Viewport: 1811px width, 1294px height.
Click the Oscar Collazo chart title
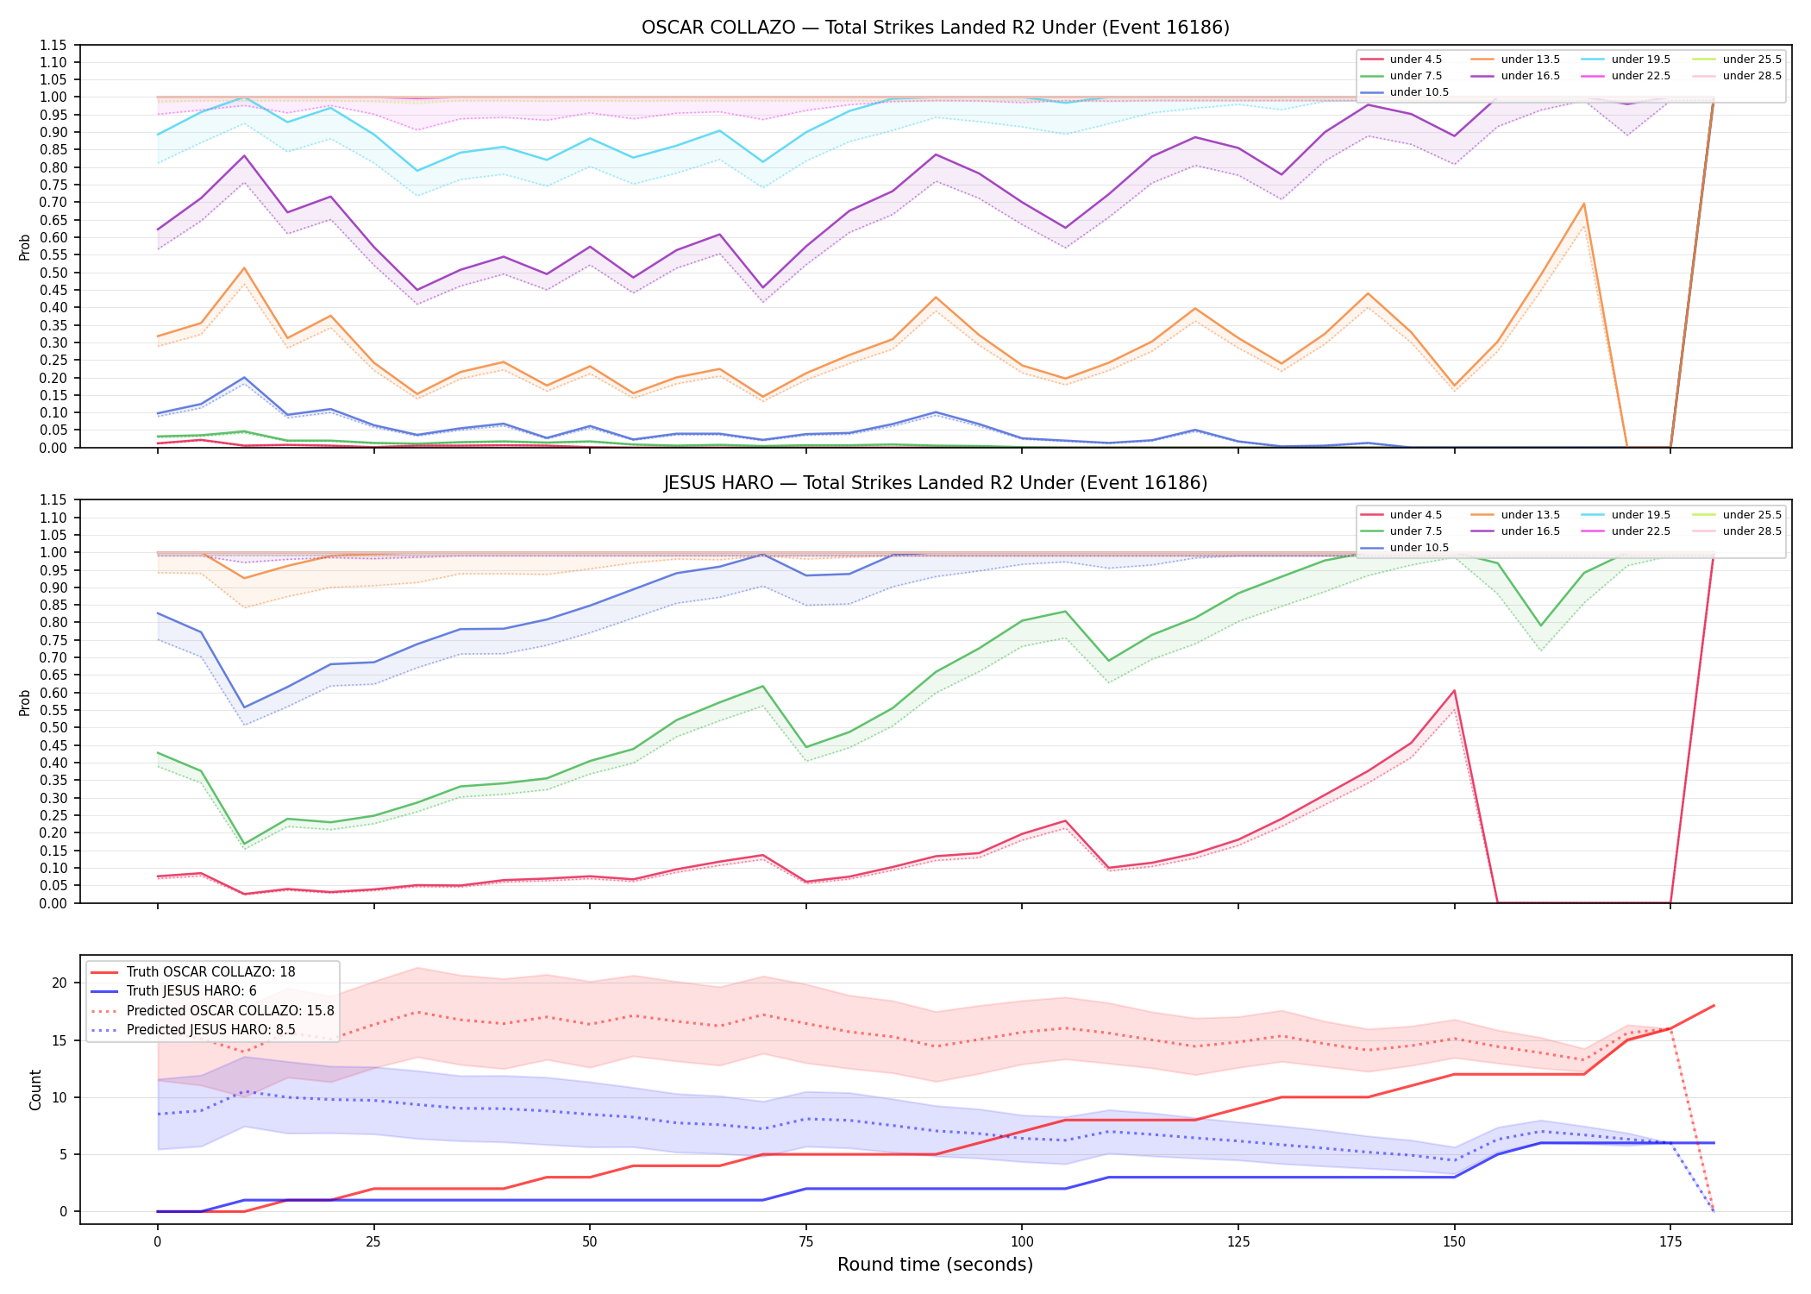pyautogui.click(x=936, y=28)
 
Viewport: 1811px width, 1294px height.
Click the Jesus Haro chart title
pyautogui.click(x=936, y=483)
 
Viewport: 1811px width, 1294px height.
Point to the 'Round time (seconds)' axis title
pyautogui.click(x=935, y=1265)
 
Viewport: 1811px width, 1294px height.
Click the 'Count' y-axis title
pyautogui.click(x=35, y=1090)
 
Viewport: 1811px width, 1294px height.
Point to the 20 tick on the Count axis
pyautogui.click(x=60, y=983)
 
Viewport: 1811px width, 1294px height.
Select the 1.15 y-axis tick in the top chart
pyautogui.click(x=53, y=45)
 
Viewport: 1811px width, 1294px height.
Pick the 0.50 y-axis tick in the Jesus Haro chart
pyautogui.click(x=53, y=728)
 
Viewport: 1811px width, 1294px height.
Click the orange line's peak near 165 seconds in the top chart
pyautogui.click(x=1583, y=204)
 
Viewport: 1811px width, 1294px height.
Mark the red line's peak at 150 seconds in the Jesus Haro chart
pyautogui.click(x=1454, y=690)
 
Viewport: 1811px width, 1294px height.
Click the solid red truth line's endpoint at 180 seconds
pyautogui.click(x=1714, y=1006)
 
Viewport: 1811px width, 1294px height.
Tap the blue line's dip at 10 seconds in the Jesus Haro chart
pyautogui.click(x=244, y=707)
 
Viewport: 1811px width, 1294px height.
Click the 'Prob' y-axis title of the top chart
pyautogui.click(x=25, y=247)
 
